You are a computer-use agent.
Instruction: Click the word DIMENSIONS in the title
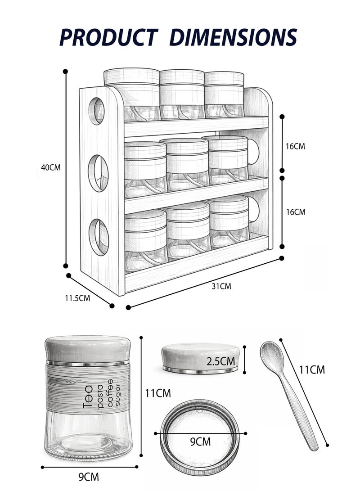pos(233,37)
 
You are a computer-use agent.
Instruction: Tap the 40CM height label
pos(50,167)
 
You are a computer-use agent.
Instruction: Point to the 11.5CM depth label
pos(77,298)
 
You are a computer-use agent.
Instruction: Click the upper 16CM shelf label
pos(295,146)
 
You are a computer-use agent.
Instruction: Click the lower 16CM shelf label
pos(295,212)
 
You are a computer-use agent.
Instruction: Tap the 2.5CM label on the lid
pos(221,361)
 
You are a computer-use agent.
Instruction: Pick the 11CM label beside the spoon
pos(312,370)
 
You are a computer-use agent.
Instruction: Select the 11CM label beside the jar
pos(157,393)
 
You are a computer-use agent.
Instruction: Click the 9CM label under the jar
pos(88,477)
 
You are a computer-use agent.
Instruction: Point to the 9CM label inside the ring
pos(200,442)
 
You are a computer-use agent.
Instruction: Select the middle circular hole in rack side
pos(98,173)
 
